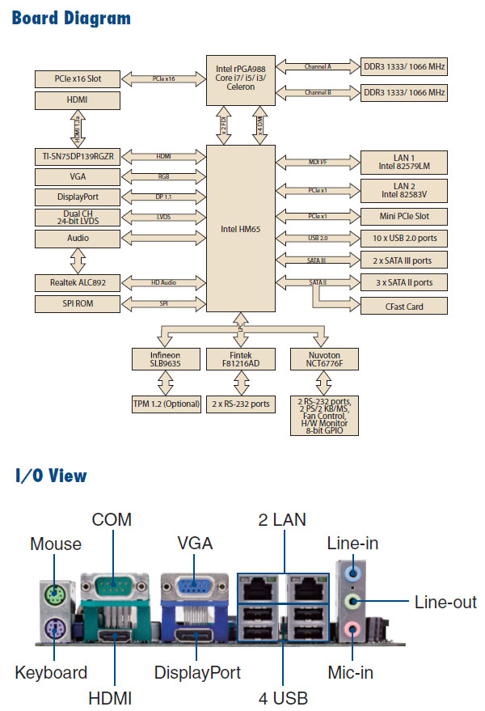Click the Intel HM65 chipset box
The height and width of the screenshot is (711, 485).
click(x=239, y=229)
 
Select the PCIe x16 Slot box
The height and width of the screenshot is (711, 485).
click(x=78, y=78)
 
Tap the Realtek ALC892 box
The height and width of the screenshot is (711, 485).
click(x=78, y=283)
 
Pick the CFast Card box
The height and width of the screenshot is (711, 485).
click(x=403, y=307)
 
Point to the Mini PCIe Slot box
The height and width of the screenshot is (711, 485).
click(x=403, y=218)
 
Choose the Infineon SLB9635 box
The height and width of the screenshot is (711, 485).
click(x=165, y=359)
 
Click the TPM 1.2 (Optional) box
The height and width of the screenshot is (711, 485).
click(x=165, y=403)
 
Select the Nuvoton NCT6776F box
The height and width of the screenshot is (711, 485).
click(x=323, y=359)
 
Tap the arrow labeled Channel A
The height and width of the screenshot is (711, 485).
click(x=318, y=66)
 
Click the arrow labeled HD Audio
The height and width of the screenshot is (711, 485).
click(x=162, y=282)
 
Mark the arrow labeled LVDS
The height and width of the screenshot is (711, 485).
click(x=162, y=217)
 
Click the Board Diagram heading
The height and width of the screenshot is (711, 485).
click(x=72, y=18)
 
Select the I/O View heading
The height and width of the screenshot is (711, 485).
click(x=50, y=476)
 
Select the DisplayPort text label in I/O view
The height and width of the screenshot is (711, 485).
click(x=197, y=672)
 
